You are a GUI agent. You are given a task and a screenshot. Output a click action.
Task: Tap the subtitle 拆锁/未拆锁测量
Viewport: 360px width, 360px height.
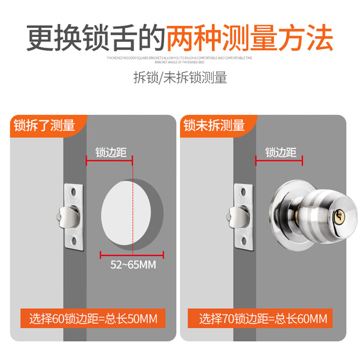[x=180, y=77]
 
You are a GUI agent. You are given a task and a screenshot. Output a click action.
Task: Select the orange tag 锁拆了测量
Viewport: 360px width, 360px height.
[x=44, y=125]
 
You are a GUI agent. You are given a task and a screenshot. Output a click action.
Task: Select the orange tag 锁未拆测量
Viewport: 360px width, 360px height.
[x=214, y=125]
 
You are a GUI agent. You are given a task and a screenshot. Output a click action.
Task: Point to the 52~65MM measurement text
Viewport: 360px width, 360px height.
[x=133, y=265]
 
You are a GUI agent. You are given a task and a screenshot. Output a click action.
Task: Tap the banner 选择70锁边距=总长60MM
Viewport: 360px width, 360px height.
[x=263, y=319]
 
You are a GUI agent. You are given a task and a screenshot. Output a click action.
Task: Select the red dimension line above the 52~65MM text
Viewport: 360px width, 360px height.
[x=131, y=255]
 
